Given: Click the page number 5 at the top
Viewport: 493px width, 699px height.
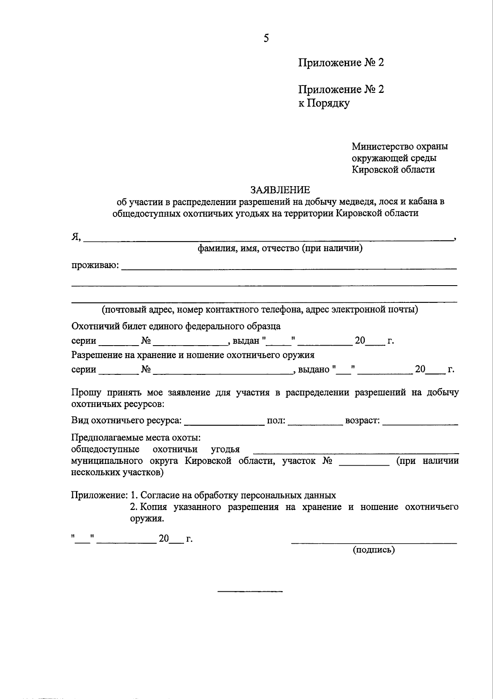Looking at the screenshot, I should pyautogui.click(x=266, y=39).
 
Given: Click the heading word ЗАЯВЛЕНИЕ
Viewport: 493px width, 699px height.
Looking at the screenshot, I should pyautogui.click(x=280, y=190).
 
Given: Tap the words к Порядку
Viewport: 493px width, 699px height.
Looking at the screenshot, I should pyautogui.click(x=324, y=103).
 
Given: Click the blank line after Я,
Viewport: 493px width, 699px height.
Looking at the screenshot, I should pyautogui.click(x=267, y=239).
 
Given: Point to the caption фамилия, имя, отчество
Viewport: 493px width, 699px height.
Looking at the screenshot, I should pyautogui.click(x=280, y=249).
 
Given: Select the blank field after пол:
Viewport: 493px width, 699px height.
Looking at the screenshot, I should pyautogui.click(x=315, y=423).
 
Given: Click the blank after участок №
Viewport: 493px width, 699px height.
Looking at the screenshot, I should pyautogui.click(x=364, y=464).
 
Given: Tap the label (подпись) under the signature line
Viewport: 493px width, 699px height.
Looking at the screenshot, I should pyautogui.click(x=374, y=550).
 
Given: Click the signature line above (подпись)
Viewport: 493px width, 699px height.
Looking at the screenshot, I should pyautogui.click(x=374, y=543).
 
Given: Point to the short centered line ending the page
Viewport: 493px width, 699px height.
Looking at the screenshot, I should pyautogui.click(x=250, y=591).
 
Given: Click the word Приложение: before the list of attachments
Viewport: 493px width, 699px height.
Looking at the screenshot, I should pyautogui.click(x=99, y=495).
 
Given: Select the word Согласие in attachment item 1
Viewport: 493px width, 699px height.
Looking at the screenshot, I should pyautogui.click(x=162, y=495).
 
